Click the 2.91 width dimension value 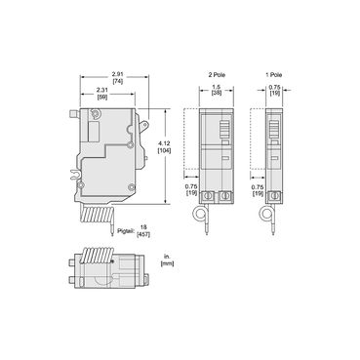(x=117, y=74)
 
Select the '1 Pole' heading (x=276, y=74)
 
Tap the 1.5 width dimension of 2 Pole (x=216, y=88)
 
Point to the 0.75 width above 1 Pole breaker (x=275, y=88)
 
